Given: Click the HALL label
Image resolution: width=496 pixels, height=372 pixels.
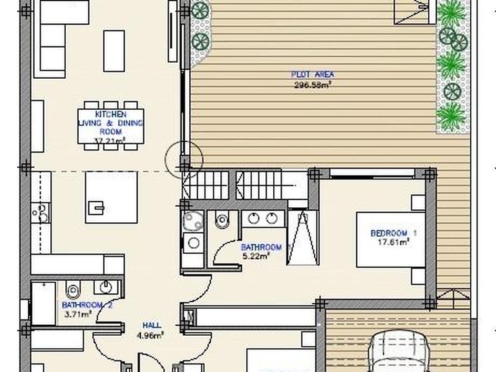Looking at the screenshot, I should [x=153, y=325].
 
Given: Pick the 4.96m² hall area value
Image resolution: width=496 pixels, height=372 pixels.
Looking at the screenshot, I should [x=153, y=335].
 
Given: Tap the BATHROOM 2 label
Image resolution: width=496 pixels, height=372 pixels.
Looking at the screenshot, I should [x=87, y=305].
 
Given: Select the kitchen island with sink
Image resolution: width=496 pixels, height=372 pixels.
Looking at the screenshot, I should [x=111, y=196].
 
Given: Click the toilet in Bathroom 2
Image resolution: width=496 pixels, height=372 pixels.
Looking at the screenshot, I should [x=72, y=291].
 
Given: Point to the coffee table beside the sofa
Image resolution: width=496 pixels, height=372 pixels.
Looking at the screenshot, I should [x=114, y=50].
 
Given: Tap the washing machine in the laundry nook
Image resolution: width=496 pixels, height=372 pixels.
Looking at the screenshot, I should [x=191, y=243].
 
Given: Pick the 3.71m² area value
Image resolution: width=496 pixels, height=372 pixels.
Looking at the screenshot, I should [x=78, y=315].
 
